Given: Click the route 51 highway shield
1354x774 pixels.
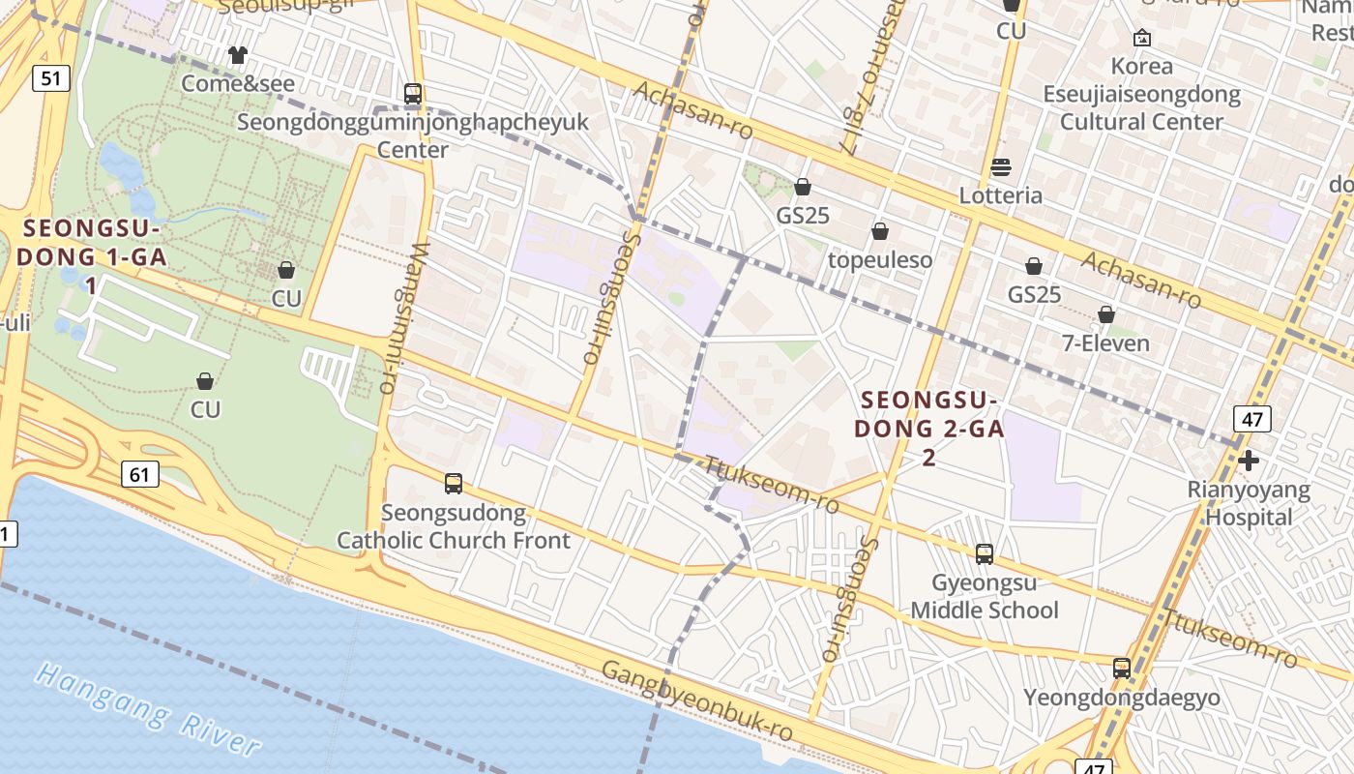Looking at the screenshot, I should coord(51,78).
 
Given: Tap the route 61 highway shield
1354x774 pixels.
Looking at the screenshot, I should coord(140,473).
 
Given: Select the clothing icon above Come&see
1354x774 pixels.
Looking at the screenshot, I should coord(238,55).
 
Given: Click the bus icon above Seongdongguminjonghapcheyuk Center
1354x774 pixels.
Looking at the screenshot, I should coord(413,94).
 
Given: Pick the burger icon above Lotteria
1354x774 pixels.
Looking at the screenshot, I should coord(1001,167).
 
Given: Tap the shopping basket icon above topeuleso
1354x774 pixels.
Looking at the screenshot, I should coord(880,231).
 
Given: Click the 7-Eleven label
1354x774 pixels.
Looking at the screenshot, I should coord(1106,343).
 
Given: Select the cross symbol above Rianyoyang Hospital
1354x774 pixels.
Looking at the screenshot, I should coord(1249,461).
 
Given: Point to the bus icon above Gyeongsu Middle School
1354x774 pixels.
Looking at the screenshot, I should coord(985,554).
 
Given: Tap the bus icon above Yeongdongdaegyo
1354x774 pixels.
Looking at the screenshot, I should coord(1122,669).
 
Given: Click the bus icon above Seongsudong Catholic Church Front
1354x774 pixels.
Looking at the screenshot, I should coord(453,483).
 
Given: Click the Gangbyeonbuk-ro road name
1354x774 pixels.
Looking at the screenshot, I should coord(696,701).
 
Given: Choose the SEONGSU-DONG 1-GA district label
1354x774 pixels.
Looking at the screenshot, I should coord(90,256).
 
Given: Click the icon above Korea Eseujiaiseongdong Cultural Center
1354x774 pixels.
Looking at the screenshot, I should coord(1142,38).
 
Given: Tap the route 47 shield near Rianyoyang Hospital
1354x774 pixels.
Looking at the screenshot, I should coord(1251,419).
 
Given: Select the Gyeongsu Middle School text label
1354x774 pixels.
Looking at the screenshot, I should coord(985,597).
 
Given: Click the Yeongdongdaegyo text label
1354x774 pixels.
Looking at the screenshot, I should coord(1122,698).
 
